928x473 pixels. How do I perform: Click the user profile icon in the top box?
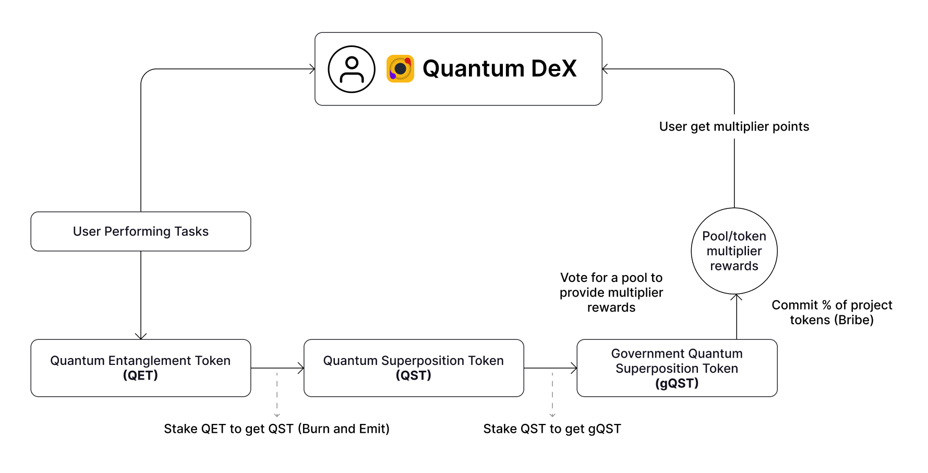pyautogui.click(x=352, y=69)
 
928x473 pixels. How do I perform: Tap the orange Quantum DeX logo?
pyautogui.click(x=400, y=69)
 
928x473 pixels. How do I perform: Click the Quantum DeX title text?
pyautogui.click(x=499, y=68)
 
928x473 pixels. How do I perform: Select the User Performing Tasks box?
pyautogui.click(x=141, y=231)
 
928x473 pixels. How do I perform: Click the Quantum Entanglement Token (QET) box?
pyautogui.click(x=141, y=368)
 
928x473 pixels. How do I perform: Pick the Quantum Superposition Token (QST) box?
pyautogui.click(x=414, y=368)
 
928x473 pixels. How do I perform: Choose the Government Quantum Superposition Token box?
pyautogui.click(x=677, y=368)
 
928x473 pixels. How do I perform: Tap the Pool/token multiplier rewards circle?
pyautogui.click(x=734, y=251)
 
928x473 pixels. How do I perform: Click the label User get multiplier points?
pyautogui.click(x=734, y=126)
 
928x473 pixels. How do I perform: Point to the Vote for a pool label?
pyautogui.click(x=611, y=292)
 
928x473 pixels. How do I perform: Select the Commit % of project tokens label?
pyautogui.click(x=831, y=312)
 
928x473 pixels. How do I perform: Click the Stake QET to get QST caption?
pyautogui.click(x=276, y=429)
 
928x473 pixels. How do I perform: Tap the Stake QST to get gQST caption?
pyautogui.click(x=552, y=429)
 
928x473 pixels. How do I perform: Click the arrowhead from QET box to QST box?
pyautogui.click(x=301, y=368)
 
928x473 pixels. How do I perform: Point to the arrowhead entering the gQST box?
pyautogui.click(x=574, y=368)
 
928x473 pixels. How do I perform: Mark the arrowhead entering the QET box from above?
pyautogui.click(x=141, y=336)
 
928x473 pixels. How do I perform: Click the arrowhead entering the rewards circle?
pyautogui.click(x=737, y=297)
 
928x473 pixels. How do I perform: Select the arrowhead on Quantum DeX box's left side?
pyautogui.click(x=312, y=69)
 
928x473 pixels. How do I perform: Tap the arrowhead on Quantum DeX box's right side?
pyautogui.click(x=605, y=69)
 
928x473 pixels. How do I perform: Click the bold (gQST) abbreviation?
pyautogui.click(x=677, y=383)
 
